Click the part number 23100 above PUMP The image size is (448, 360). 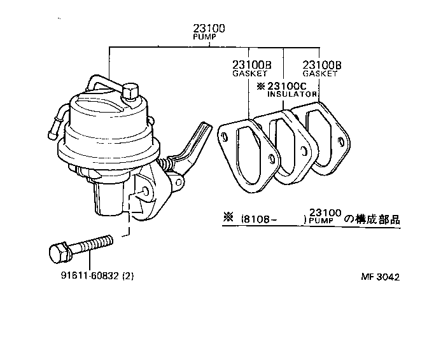pyautogui.click(x=209, y=29)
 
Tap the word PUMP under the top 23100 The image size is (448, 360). pyautogui.click(x=206, y=38)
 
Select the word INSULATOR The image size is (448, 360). pyautogui.click(x=292, y=94)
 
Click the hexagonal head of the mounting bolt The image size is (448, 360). pyautogui.click(x=58, y=251)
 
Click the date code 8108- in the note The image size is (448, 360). pyautogui.click(x=259, y=219)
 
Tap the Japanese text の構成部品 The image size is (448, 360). pyautogui.click(x=372, y=219)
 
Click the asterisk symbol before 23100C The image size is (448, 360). pyautogui.click(x=260, y=86)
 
